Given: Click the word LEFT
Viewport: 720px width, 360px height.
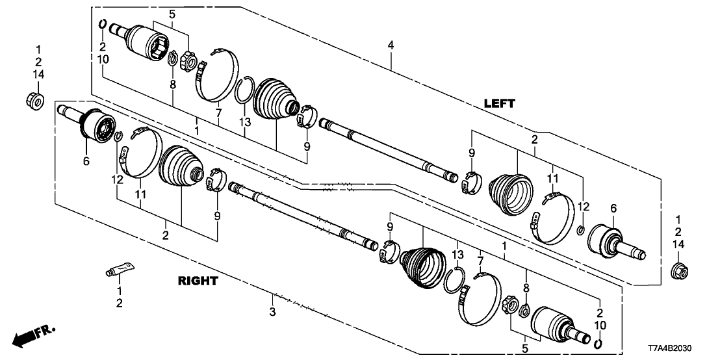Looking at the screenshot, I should (x=499, y=103).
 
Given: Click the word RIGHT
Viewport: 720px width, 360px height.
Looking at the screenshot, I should (x=198, y=281).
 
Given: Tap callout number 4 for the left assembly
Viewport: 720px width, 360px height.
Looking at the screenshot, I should (x=390, y=45).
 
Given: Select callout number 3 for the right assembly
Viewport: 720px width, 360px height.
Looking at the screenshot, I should (x=274, y=313).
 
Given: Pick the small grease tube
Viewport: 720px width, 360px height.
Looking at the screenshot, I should (x=120, y=268).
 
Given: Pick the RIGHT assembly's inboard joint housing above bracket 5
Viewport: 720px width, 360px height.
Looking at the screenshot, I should (x=553, y=322).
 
